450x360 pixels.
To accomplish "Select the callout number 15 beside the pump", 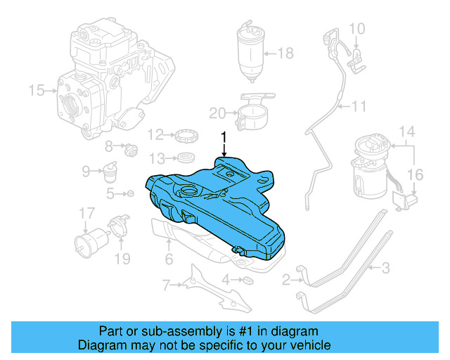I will [36, 90].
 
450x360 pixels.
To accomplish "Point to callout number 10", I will [357, 29].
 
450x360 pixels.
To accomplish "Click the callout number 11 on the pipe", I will [360, 107].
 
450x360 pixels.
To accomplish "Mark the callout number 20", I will [217, 112].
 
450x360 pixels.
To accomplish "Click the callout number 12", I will [154, 134].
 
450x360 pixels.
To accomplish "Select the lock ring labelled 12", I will [186, 134].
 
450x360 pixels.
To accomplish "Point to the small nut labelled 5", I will [131, 193].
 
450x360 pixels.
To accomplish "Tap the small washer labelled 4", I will [247, 281].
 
